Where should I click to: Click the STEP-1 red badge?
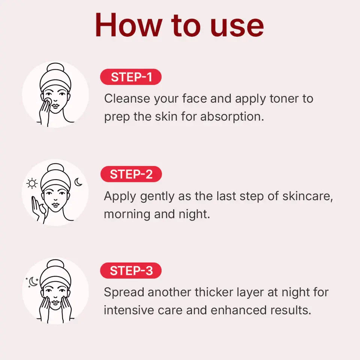131,77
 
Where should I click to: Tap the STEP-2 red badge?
131,174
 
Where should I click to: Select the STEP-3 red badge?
131,271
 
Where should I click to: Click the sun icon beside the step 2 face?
32,183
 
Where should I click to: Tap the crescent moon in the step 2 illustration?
78,182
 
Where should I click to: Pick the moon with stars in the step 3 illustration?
33,282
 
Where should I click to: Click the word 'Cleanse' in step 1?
126,99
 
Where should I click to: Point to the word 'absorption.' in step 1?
232,117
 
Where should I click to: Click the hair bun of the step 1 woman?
55,69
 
